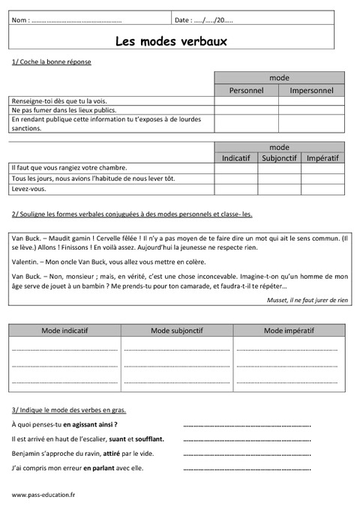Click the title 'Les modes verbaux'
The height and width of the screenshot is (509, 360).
coord(171,41)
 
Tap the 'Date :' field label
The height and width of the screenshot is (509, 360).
coord(183,19)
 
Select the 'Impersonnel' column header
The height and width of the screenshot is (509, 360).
coord(311,90)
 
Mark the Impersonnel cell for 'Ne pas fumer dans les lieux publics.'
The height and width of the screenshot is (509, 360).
coord(311,110)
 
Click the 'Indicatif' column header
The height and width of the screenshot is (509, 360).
coord(236,157)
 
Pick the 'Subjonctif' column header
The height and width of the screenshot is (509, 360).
coord(280,157)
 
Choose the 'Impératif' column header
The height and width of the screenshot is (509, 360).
coord(322,157)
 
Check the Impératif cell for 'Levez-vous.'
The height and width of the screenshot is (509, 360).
coord(322,189)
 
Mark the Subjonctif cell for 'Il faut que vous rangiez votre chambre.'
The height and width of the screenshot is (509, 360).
coord(280,168)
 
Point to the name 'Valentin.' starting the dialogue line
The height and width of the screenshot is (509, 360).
coord(27,262)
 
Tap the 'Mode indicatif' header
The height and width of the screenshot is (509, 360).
coord(64,330)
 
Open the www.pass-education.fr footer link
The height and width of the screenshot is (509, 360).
coord(43,495)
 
